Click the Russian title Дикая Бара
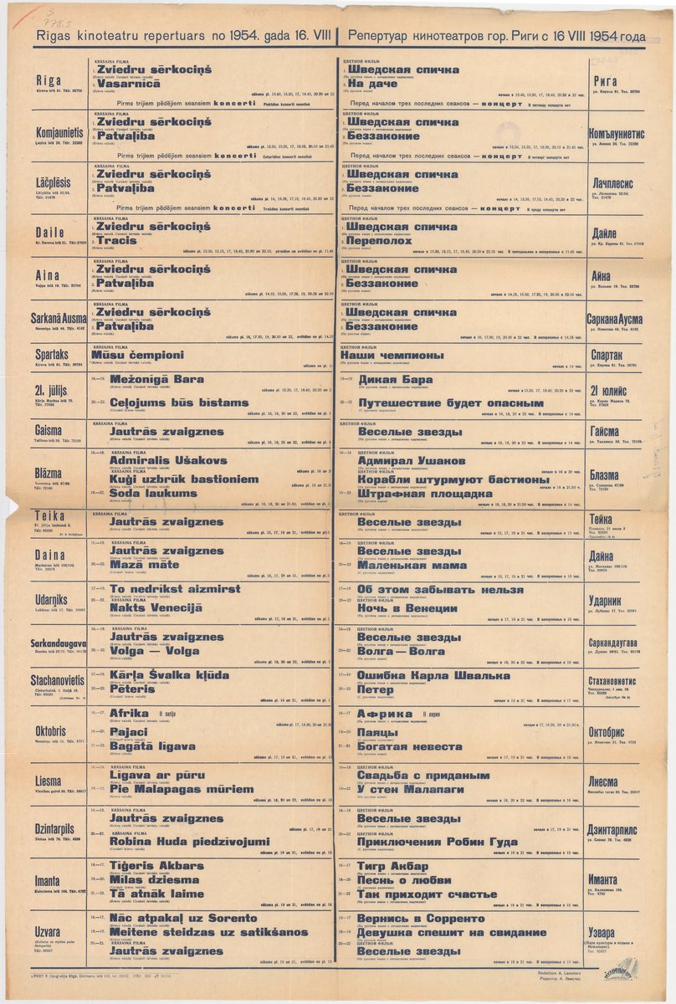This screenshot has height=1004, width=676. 395,379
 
